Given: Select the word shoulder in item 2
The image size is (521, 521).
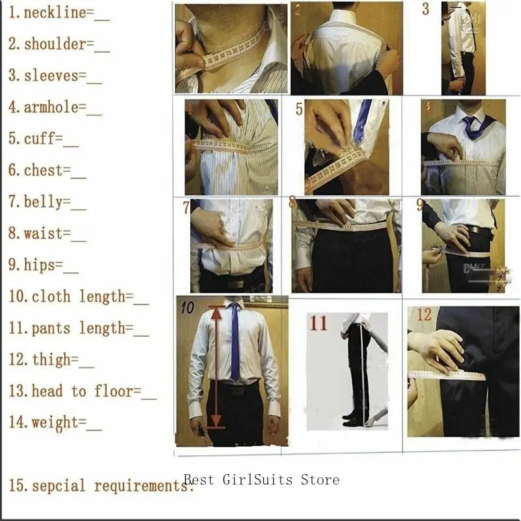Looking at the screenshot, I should [55, 44].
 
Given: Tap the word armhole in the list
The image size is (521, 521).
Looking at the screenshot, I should [51, 107].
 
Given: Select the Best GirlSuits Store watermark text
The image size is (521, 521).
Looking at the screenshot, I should [261, 480].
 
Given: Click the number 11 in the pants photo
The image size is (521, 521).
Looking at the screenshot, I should [318, 323].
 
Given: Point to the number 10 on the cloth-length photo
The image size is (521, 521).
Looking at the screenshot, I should [188, 307].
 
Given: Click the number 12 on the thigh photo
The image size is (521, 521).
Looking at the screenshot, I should [424, 315].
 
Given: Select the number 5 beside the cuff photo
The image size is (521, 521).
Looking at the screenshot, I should [299, 109].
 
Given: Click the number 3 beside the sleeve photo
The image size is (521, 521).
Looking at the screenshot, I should [425, 10].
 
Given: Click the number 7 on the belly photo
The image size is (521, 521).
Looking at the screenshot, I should [186, 208].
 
